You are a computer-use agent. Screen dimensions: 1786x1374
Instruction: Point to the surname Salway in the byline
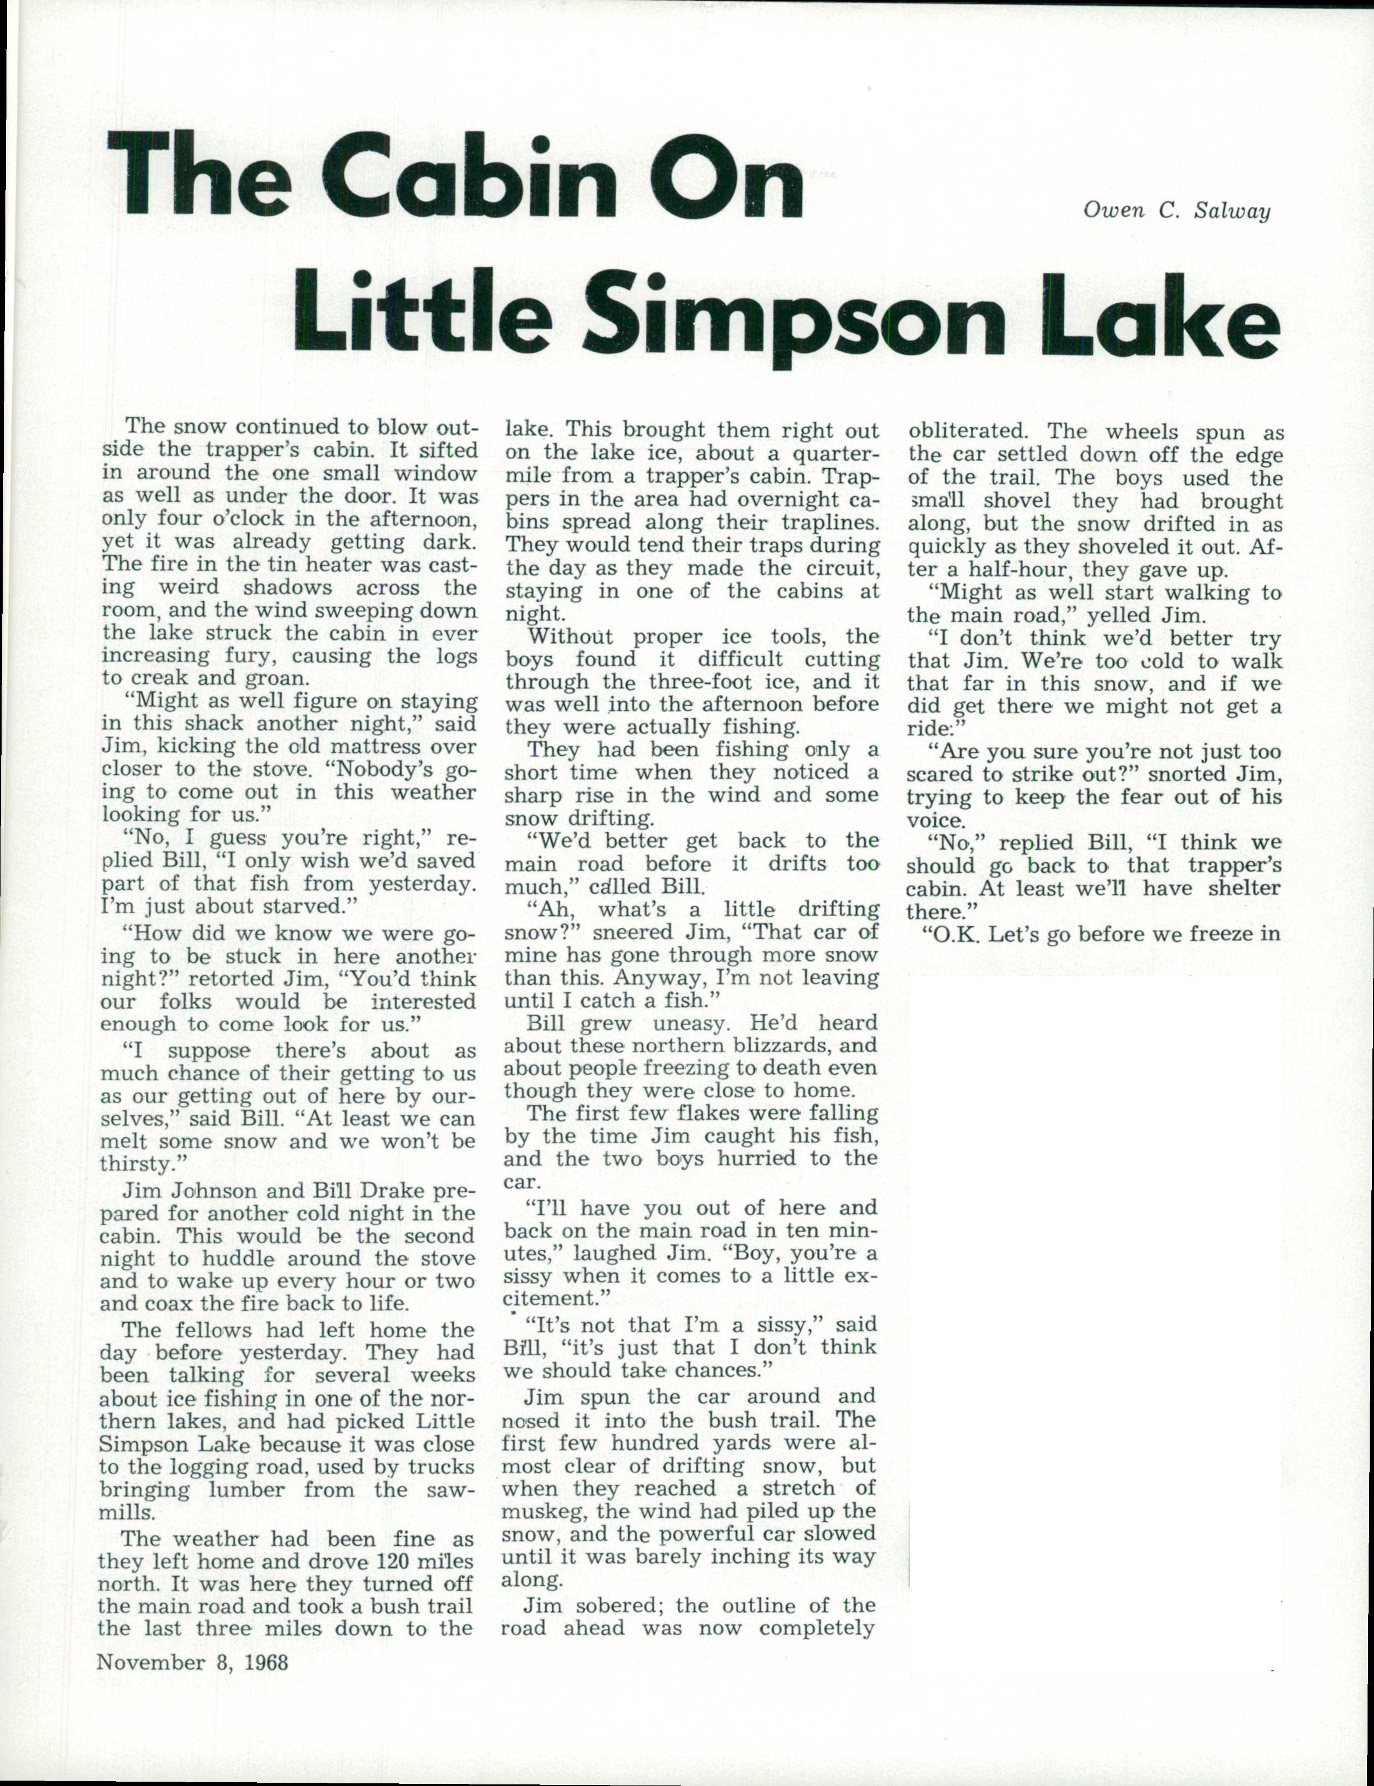click(1232, 211)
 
